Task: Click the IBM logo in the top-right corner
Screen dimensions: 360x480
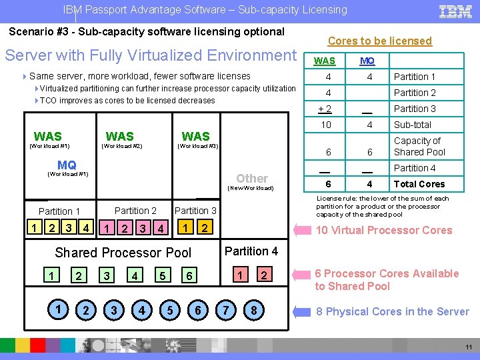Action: (x=456, y=11)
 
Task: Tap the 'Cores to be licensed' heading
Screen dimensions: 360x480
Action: (x=380, y=41)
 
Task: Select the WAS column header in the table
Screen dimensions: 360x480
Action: (x=325, y=61)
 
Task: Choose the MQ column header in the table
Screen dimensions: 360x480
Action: (x=367, y=61)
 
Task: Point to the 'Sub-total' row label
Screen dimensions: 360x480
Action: (x=413, y=125)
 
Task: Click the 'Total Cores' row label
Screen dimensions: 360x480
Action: (x=419, y=184)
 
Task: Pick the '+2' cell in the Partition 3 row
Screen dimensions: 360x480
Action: (x=325, y=109)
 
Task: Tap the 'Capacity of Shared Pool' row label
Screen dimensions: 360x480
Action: (x=419, y=147)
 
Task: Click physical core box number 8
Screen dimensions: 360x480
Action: (x=254, y=311)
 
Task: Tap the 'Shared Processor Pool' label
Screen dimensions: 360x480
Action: (x=123, y=253)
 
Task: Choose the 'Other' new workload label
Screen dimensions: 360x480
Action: (x=252, y=178)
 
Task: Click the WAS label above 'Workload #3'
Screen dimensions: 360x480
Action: (x=195, y=136)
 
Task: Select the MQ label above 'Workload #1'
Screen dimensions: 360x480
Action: (x=67, y=165)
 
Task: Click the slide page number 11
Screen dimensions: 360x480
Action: (x=468, y=347)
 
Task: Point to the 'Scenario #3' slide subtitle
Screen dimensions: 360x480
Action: (x=146, y=31)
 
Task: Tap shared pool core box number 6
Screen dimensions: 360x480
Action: (x=190, y=275)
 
